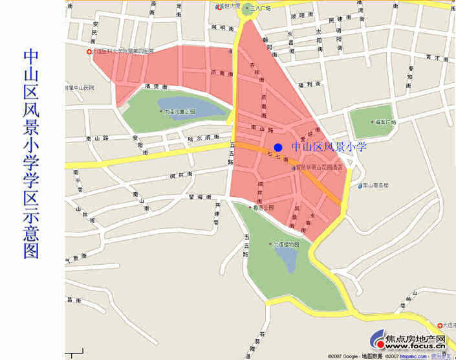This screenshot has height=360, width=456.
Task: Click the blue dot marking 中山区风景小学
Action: coord(278,148)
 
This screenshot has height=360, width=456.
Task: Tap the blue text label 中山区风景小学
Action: coord(329,147)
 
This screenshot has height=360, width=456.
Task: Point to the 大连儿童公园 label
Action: coord(179,111)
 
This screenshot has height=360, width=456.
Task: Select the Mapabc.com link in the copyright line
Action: coord(411,356)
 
